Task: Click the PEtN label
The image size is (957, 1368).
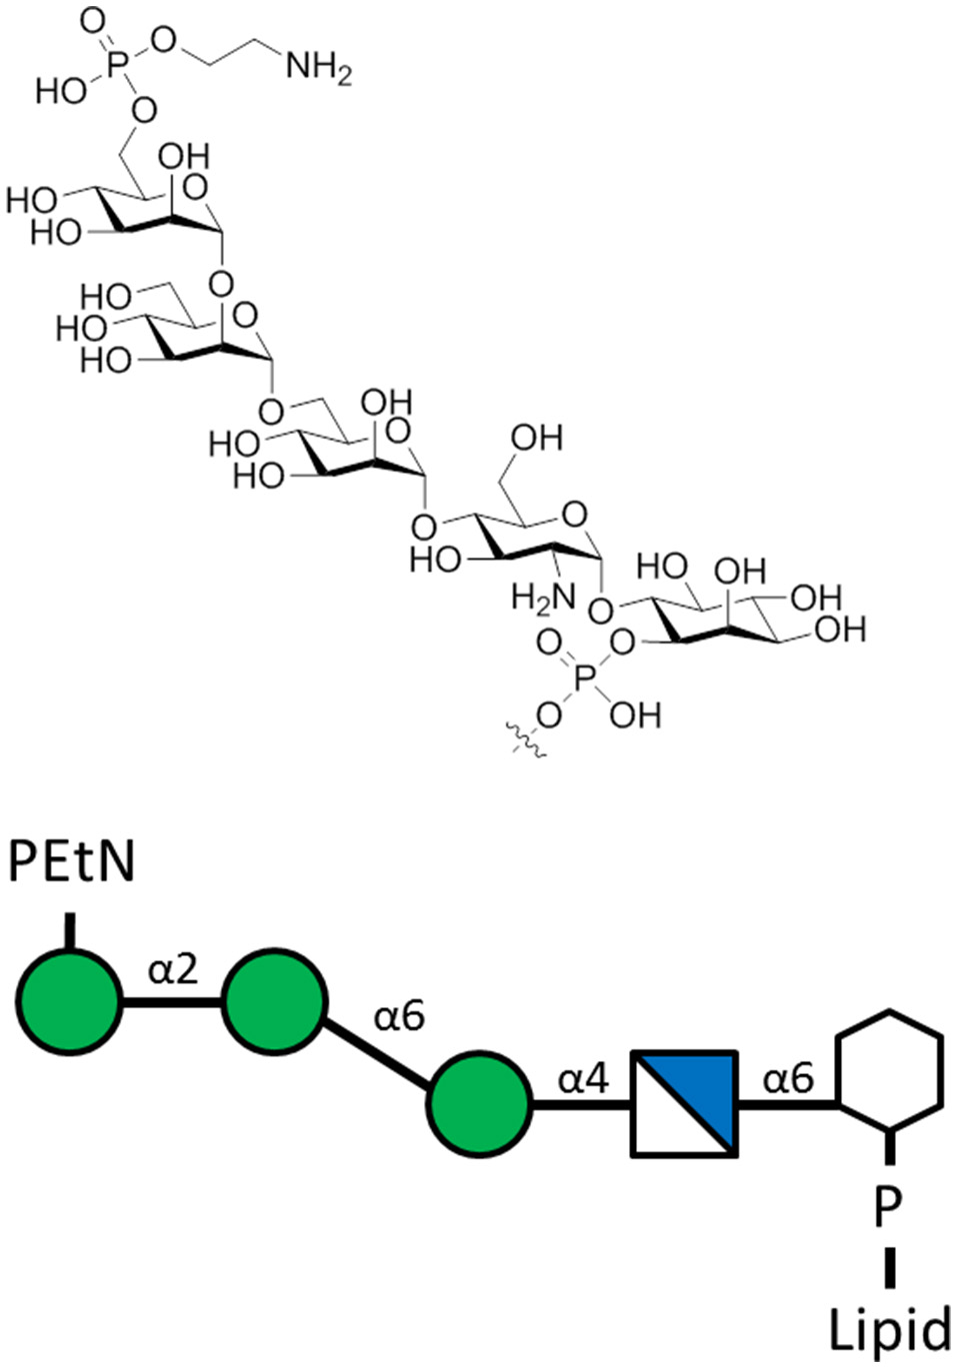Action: [72, 862]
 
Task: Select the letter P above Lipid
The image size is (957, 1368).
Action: [887, 1207]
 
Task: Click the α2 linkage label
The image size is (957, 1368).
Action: [173, 968]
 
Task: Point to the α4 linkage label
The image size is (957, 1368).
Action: [583, 1079]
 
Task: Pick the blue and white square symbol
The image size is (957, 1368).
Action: [685, 1103]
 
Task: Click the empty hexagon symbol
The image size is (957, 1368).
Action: [889, 1071]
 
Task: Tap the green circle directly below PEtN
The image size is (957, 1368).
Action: [68, 1000]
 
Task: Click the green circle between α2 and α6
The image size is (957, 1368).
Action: [274, 1000]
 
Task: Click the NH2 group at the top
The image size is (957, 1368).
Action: [319, 68]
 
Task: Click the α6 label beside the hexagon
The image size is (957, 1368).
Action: [788, 1079]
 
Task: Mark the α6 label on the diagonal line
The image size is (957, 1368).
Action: [399, 1016]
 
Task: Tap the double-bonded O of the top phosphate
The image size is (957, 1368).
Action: [91, 20]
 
